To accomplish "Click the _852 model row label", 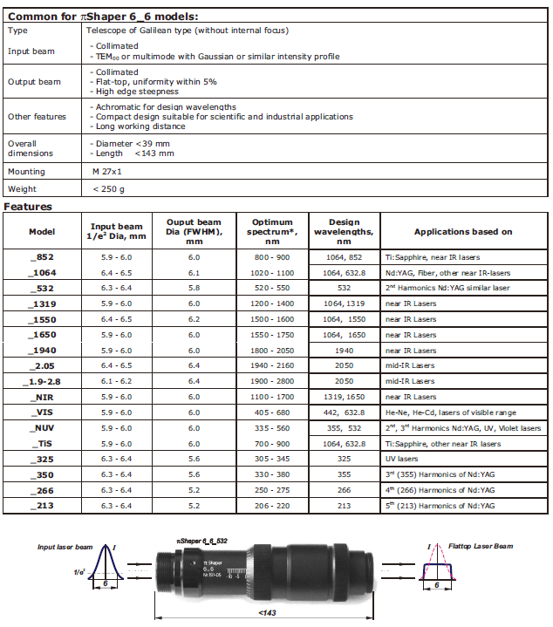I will pos(42,257).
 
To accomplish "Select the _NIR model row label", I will pos(42,397).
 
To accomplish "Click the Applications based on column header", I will pos(463,232).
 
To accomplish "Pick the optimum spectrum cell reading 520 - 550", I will pos(272,288).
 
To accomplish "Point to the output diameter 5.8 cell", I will pos(194,288).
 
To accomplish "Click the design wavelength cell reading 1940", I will pos(345,351).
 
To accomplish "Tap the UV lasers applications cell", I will pos(402,460).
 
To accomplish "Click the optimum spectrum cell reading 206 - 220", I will pos(272,507).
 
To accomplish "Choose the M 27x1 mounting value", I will pos(107,172).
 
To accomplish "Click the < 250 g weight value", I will pos(109,189).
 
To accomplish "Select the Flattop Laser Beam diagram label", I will pos(482,547).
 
